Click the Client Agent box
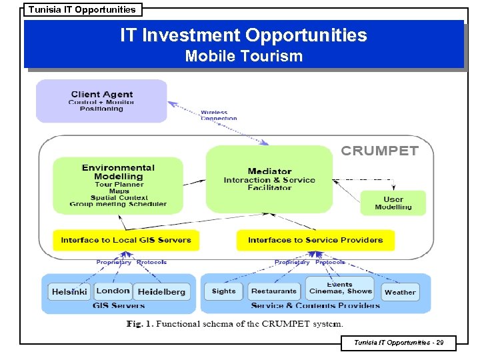[x=101, y=101]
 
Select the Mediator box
[x=269, y=179]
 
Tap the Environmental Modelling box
[x=118, y=185]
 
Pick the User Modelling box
[x=393, y=203]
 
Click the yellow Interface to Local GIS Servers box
[x=126, y=240]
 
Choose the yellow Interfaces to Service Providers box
[x=315, y=240]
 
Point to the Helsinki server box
[x=69, y=291]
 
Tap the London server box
[x=113, y=291]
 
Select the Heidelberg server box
[x=162, y=291]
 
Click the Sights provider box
[x=224, y=291]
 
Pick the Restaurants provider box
[x=274, y=291]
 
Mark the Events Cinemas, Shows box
[x=341, y=288]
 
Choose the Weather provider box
[x=400, y=292]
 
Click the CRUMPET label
[x=379, y=151]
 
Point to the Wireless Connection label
[x=219, y=115]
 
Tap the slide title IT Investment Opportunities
[x=243, y=35]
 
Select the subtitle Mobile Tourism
[x=243, y=56]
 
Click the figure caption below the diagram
[x=235, y=324]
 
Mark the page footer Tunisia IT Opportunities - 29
[x=397, y=343]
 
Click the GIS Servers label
[x=119, y=306]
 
